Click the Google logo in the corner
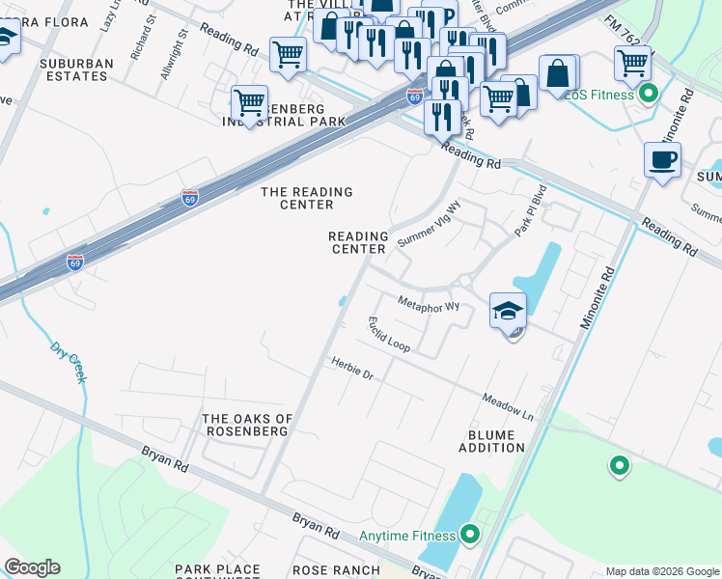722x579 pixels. coord(32,567)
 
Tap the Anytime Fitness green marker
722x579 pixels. coord(470,534)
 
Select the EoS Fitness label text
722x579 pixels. coord(599,95)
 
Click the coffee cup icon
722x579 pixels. coord(662,159)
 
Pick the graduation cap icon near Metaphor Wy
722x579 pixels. coord(508,311)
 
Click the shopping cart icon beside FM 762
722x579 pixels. coord(632,64)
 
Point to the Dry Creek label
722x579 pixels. coord(69,362)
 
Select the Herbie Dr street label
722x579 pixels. coord(352,369)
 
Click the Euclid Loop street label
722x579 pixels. coord(388,333)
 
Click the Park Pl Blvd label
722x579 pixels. coord(530,209)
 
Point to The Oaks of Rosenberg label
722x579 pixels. coord(246,425)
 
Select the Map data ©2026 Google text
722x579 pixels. coord(661,570)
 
